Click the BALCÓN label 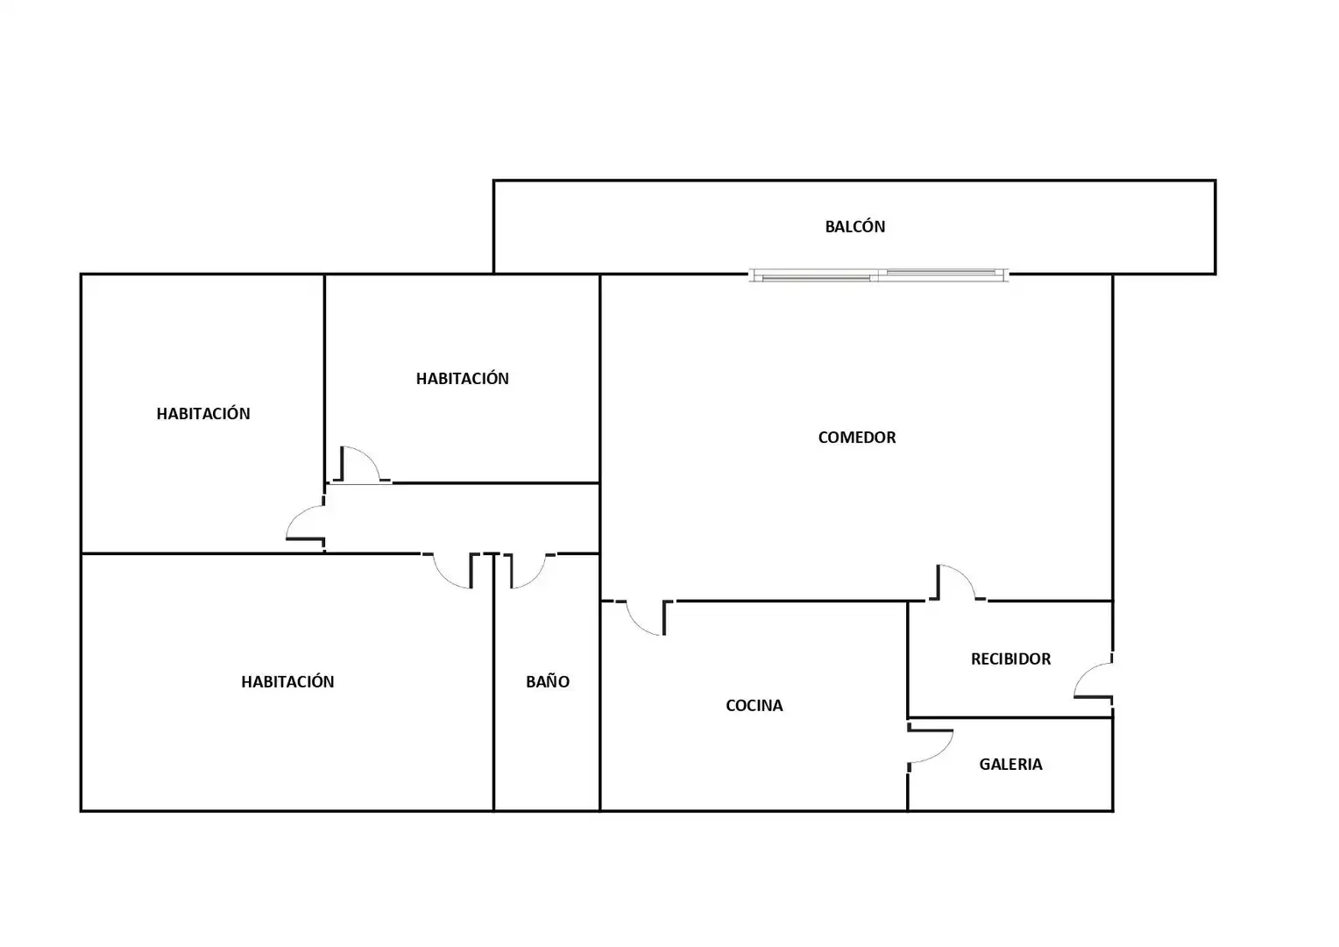coord(854,227)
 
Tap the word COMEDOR coord(857,438)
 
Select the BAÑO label coord(548,681)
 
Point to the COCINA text coord(754,705)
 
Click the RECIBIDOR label coord(1010,659)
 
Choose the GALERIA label coord(1010,764)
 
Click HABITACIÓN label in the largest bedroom coord(287,681)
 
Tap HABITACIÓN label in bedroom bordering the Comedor coord(462,378)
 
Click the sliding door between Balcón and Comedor coord(879,275)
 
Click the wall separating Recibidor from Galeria coord(1010,718)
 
